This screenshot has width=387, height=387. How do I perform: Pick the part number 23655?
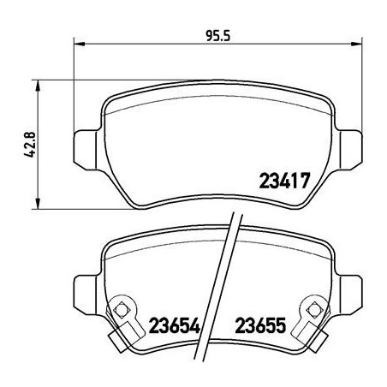(260, 325)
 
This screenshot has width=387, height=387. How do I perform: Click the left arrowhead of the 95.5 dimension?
(80, 40)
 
